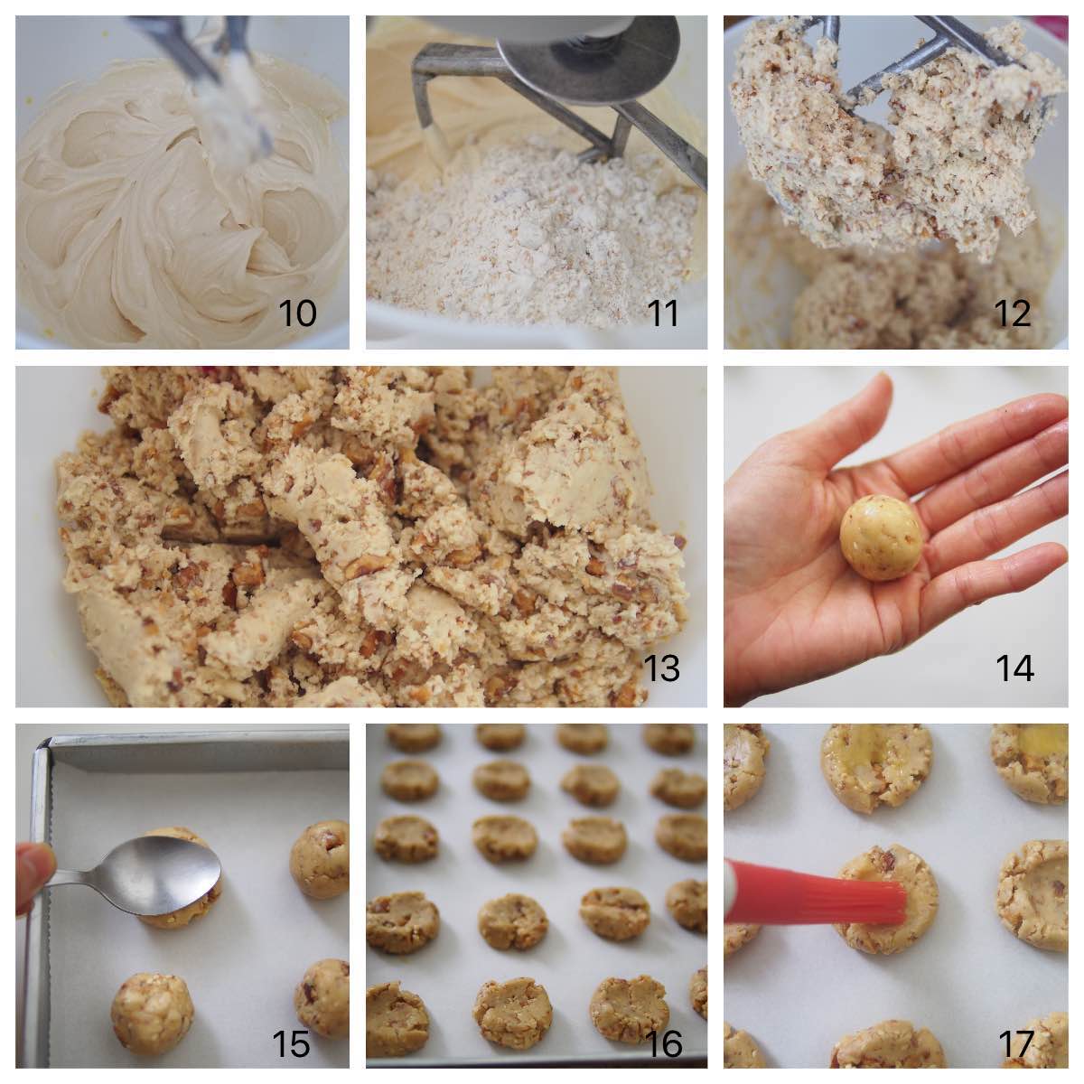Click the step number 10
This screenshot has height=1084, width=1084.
pos(297,313)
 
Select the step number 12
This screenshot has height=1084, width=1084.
pos(1012,313)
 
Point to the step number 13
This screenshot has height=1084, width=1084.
pos(661,668)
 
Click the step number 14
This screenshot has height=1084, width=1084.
pos(1014,668)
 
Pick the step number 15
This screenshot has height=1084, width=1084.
pos(291,1044)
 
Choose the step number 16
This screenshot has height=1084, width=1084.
pos(664,1044)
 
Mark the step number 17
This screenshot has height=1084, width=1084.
pos(1015,1044)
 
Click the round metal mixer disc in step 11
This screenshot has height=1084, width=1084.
pos(587,54)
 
